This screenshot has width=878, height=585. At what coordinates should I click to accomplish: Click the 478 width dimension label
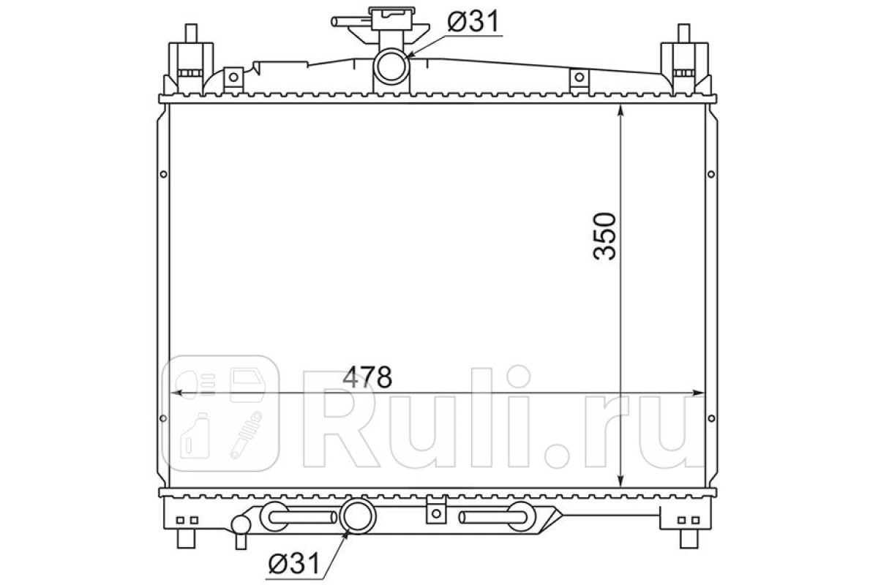point(367,377)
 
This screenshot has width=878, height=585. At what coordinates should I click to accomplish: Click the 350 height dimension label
point(605,236)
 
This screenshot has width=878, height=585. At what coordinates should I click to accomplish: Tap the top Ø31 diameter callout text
point(473,21)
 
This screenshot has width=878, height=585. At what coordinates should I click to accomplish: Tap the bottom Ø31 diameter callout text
point(294,564)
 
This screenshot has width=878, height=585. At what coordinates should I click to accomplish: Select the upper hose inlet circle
point(392,67)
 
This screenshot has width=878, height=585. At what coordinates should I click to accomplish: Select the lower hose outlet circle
point(358,517)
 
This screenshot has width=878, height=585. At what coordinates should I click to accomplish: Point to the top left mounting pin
point(191,34)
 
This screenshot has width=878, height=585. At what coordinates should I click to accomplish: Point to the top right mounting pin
point(684,34)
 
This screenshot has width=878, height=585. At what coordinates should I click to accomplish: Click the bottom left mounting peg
point(186,539)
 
